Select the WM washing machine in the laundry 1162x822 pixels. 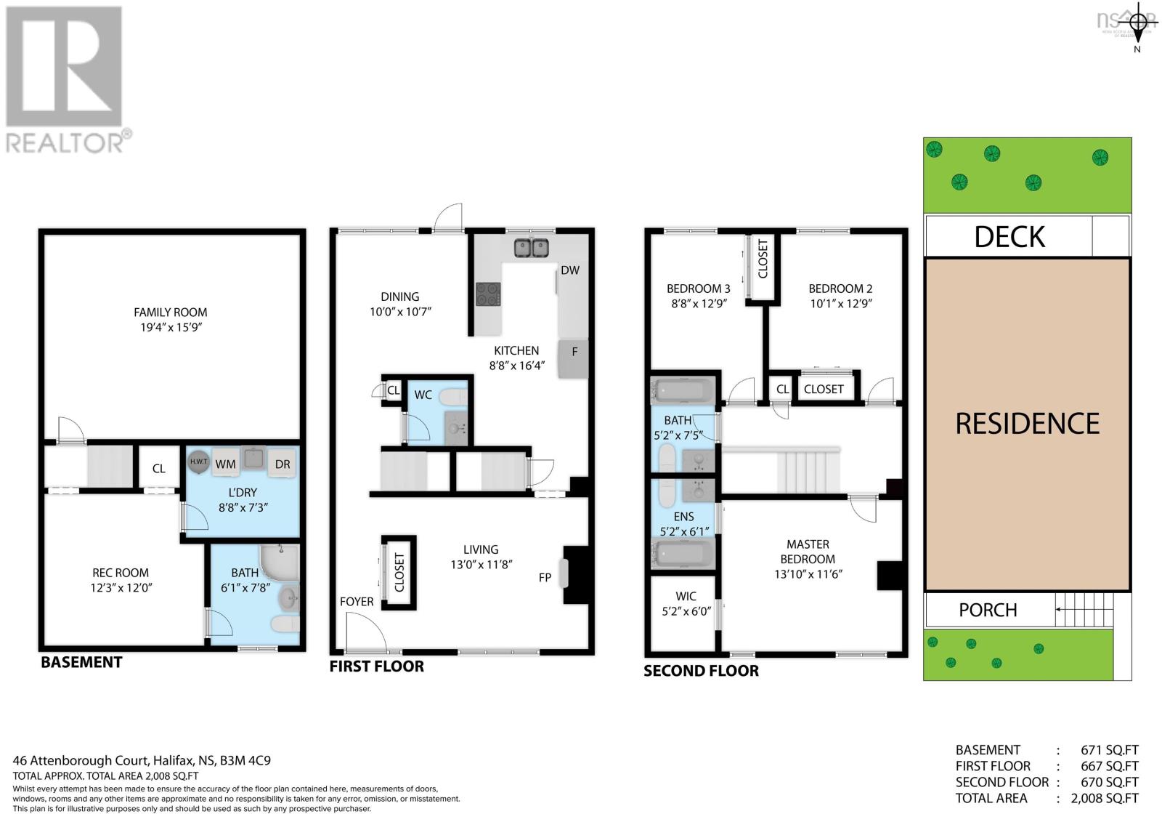point(225,464)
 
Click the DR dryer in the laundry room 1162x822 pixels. point(283,464)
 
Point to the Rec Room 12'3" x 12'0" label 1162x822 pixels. point(121,580)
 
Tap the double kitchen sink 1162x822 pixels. point(532,248)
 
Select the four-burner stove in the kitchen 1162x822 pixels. point(487,294)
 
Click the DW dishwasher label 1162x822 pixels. point(570,270)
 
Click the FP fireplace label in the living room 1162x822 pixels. point(545,578)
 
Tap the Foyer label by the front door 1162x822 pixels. point(357,602)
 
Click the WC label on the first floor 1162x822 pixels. point(423,395)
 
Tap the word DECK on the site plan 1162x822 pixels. point(1009,236)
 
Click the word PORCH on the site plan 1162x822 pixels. point(988,610)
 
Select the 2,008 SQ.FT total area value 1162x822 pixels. point(1105,798)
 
